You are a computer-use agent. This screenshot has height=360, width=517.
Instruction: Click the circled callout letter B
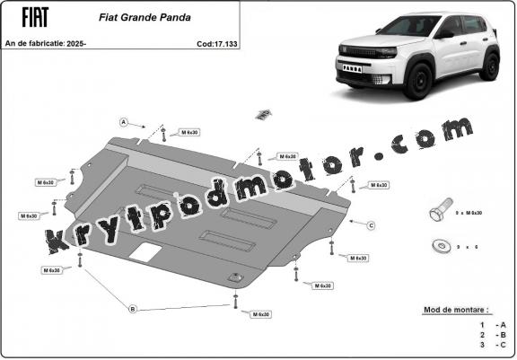133,309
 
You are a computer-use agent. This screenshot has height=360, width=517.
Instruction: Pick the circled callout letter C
370,224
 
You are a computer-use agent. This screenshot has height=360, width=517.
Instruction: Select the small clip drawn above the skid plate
262,113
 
